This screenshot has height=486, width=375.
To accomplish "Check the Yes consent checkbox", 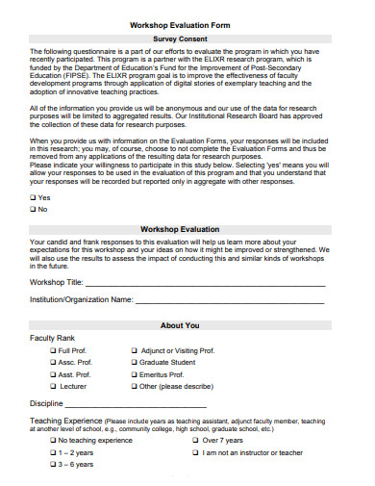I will [x=34, y=197].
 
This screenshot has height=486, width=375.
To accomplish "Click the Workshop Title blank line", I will [x=205, y=286].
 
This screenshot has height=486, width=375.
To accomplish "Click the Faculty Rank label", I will [x=53, y=339].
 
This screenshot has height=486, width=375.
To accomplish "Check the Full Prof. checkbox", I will [x=53, y=351].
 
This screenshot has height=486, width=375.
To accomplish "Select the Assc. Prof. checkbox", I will [x=53, y=363].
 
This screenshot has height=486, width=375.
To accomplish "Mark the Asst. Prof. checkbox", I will [x=53, y=374].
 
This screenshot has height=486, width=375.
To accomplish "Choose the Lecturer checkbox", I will [x=53, y=386].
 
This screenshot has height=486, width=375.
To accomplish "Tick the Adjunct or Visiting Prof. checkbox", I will [x=134, y=351].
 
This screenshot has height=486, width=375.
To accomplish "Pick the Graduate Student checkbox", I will [x=134, y=363].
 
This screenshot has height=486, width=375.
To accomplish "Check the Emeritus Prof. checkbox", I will [x=134, y=374].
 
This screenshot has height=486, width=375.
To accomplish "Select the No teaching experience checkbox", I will [x=53, y=440].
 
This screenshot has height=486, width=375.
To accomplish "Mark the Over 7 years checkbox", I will [x=195, y=440].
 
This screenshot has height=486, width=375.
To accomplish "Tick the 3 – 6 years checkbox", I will [x=53, y=464].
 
